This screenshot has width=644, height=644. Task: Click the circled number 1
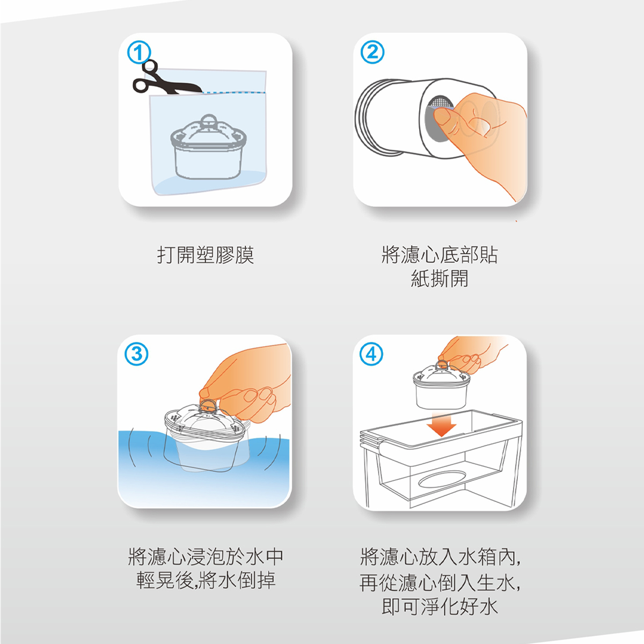click(x=139, y=53)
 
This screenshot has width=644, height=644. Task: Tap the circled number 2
click(x=372, y=52)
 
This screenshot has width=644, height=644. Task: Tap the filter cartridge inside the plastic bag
click(x=209, y=147)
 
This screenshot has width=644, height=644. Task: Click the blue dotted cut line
click(x=234, y=92)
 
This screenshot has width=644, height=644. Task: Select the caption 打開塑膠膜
click(x=206, y=255)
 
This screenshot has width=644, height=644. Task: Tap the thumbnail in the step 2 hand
click(x=442, y=118)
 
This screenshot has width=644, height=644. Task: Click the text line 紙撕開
click(x=440, y=279)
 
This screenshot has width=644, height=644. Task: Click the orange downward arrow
click(x=442, y=425)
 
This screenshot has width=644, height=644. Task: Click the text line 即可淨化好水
click(x=440, y=606)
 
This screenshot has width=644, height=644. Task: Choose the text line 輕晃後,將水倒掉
click(x=206, y=581)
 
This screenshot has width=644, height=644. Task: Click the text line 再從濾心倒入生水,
click(x=440, y=582)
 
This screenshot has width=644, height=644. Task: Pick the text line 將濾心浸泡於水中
click(x=206, y=557)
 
